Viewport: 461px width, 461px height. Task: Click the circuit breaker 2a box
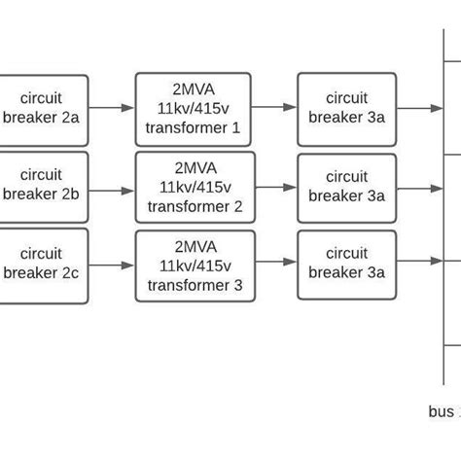pos(44,108)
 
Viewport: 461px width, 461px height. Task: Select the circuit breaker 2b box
pos(44,185)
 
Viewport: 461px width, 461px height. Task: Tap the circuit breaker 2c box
pos(44,265)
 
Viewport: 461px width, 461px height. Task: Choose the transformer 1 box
pos(193,108)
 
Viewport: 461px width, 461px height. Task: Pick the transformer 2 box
pos(195,187)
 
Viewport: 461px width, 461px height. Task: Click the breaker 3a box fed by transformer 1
pos(346,108)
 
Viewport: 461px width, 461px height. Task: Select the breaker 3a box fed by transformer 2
pos(346,187)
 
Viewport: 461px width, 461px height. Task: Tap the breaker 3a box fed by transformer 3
pos(346,264)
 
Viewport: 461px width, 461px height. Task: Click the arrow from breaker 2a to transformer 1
pos(112,108)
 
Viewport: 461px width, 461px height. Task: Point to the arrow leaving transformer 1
pos(273,108)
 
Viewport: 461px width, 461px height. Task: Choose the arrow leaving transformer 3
pos(276,262)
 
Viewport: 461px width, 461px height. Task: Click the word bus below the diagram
pos(440,411)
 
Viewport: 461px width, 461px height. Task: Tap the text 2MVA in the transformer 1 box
pos(193,89)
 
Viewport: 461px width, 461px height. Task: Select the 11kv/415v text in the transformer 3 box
pos(195,266)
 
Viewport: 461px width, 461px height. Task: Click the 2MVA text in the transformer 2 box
pos(195,168)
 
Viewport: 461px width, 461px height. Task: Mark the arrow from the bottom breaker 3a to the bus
pos(420,261)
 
